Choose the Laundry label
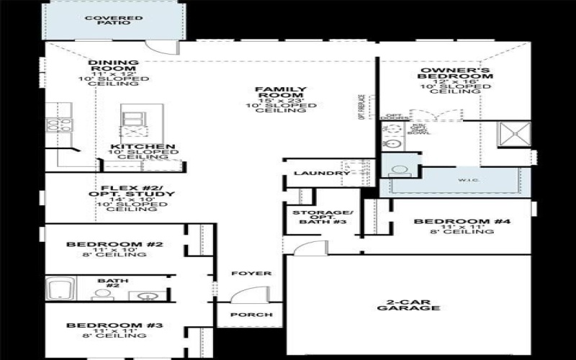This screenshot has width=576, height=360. (312, 174)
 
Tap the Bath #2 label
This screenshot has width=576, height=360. (108, 284)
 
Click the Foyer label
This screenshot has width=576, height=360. (251, 274)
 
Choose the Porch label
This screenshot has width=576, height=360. (251, 315)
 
